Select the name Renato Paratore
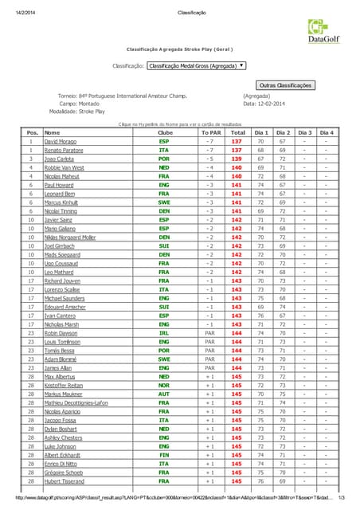point(64,150)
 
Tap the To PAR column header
point(209,132)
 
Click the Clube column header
point(164,132)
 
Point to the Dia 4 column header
point(327,132)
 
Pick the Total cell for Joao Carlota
point(237,159)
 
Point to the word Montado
point(89,104)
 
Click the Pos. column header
point(33,132)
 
